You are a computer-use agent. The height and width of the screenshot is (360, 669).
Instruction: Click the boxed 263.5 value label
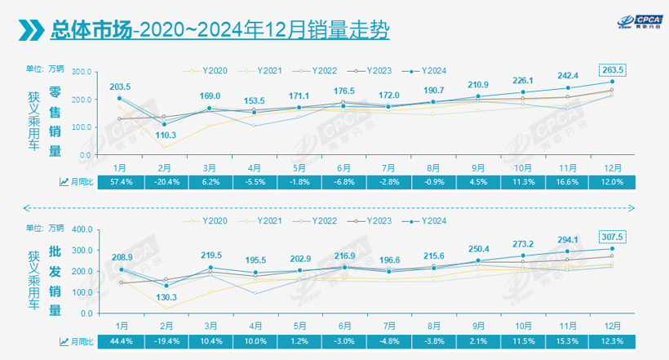click(x=612, y=69)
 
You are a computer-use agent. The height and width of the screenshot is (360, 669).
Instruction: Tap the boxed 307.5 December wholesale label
click(x=612, y=237)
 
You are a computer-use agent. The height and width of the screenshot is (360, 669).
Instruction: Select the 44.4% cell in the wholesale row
click(x=121, y=339)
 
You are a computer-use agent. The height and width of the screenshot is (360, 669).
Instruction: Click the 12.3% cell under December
click(x=612, y=339)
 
